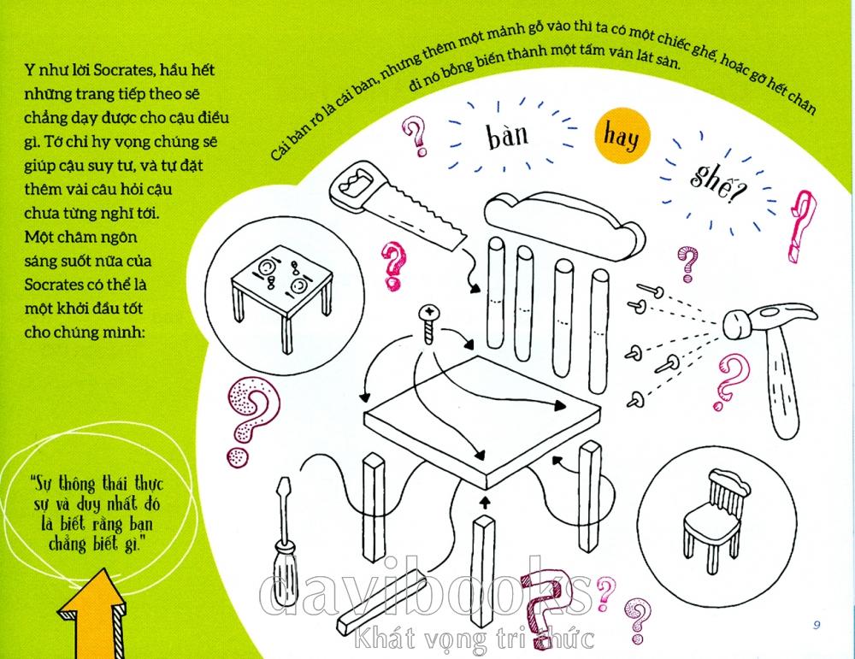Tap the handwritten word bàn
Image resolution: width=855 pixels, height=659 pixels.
pyautogui.click(x=508, y=135)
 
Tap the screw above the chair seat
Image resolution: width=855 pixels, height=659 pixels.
pyautogui.click(x=429, y=323)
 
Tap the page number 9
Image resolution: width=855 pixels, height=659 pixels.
pyautogui.click(x=817, y=625)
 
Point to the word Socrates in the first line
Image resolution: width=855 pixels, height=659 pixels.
pyautogui.click(x=124, y=70)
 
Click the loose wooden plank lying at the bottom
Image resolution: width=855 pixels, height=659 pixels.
pyautogui.click(x=381, y=603)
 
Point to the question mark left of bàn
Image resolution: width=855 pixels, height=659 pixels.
pyautogui.click(x=416, y=136)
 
